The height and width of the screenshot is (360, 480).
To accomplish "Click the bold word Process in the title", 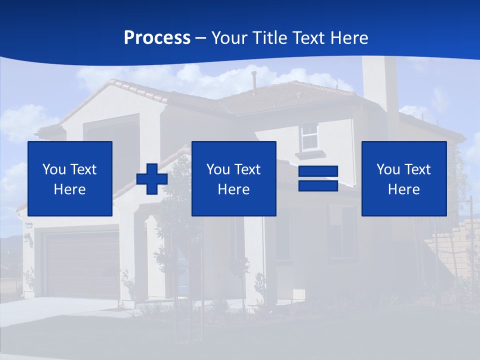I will [157, 38].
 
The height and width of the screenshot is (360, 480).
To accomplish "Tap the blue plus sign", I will [152, 179].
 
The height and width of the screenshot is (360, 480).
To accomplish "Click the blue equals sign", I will [318, 179].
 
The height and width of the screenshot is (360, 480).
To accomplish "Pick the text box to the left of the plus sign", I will [70, 179].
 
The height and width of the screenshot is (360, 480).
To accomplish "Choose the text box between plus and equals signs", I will [233, 179].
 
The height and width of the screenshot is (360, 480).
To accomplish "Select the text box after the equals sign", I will [403, 179].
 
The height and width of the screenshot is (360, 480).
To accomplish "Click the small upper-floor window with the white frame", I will [310, 136].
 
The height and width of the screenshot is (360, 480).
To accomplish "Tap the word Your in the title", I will [229, 38].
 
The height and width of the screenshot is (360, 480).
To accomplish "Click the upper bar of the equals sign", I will [318, 171].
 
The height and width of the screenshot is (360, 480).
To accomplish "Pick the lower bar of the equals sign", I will [318, 185].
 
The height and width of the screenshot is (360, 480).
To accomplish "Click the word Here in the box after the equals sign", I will [403, 189].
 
